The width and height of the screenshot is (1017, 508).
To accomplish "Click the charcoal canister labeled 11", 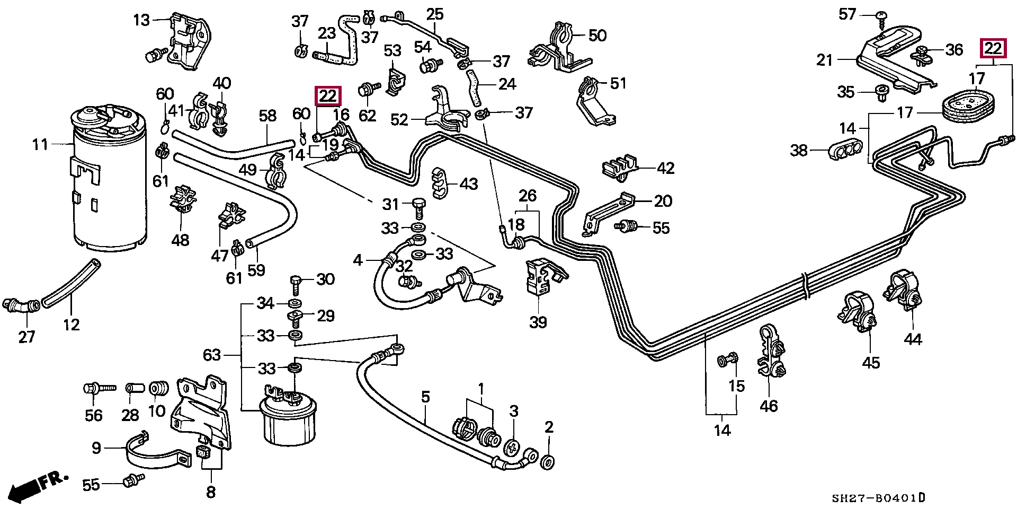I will tap(109, 180).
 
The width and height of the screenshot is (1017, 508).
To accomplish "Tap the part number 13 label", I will tap(141, 21).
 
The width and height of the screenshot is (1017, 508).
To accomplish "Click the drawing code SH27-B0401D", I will tap(878, 498).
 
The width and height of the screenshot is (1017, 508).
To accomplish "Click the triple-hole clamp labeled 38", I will tap(847, 151).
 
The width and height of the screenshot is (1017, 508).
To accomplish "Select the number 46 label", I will tap(769, 406).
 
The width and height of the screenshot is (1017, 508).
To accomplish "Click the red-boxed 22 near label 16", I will tap(328, 96).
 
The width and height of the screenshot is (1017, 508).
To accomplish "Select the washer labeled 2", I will tap(548, 460).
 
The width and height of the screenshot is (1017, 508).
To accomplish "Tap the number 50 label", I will tap(597, 36).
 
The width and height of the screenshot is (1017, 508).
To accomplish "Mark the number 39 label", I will tap(538, 322).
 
